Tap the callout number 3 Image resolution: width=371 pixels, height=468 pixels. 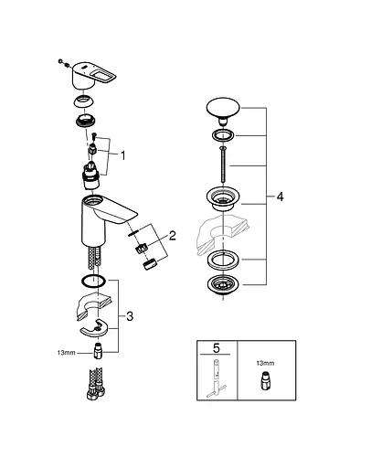coord(132,316)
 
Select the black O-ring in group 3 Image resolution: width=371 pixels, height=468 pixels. coord(93,282)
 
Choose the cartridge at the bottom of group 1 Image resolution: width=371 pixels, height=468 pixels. coord(93,173)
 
